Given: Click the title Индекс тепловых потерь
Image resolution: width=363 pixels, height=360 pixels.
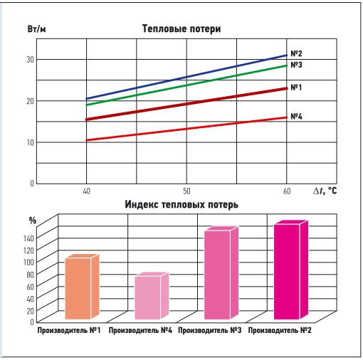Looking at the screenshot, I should tap(181, 204).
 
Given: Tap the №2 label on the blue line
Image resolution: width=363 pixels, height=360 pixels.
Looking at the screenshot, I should tap(298, 54).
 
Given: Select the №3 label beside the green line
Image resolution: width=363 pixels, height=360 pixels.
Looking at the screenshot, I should tap(298, 65).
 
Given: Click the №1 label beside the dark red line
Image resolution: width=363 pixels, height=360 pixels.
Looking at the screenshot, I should tap(298, 88).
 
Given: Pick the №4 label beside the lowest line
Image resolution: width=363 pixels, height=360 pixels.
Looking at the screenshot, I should tap(298, 116).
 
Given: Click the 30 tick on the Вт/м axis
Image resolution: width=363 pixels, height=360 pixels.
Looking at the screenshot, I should tap(29, 59).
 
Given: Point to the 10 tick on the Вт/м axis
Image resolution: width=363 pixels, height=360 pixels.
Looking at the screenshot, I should tap(29, 142).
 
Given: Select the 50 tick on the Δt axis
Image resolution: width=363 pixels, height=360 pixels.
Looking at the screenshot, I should tap(186, 191).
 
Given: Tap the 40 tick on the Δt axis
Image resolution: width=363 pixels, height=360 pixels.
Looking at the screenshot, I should tap(85, 191).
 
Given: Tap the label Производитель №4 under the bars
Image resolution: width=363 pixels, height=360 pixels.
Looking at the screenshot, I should tap(141, 331).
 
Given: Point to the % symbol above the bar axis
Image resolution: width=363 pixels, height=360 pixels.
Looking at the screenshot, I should tap(31, 220).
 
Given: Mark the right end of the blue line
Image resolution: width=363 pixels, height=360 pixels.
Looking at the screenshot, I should tap(286, 55).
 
